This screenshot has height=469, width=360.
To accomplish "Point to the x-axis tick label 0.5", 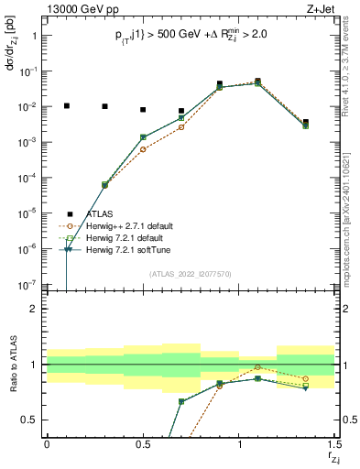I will tap(142, 444).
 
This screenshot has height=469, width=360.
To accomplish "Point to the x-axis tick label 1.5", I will tap(334, 444).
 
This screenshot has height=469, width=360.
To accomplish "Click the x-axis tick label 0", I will tap(47, 444).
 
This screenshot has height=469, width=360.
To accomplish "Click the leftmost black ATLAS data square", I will tap(66, 106).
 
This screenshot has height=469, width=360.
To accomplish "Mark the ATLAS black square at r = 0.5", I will tap(143, 110).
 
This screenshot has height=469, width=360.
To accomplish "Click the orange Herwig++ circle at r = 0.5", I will tap(143, 148).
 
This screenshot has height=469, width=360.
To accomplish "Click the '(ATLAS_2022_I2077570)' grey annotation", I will tap(191, 273).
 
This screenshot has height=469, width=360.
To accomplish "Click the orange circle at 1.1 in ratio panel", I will tap(258, 367).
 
